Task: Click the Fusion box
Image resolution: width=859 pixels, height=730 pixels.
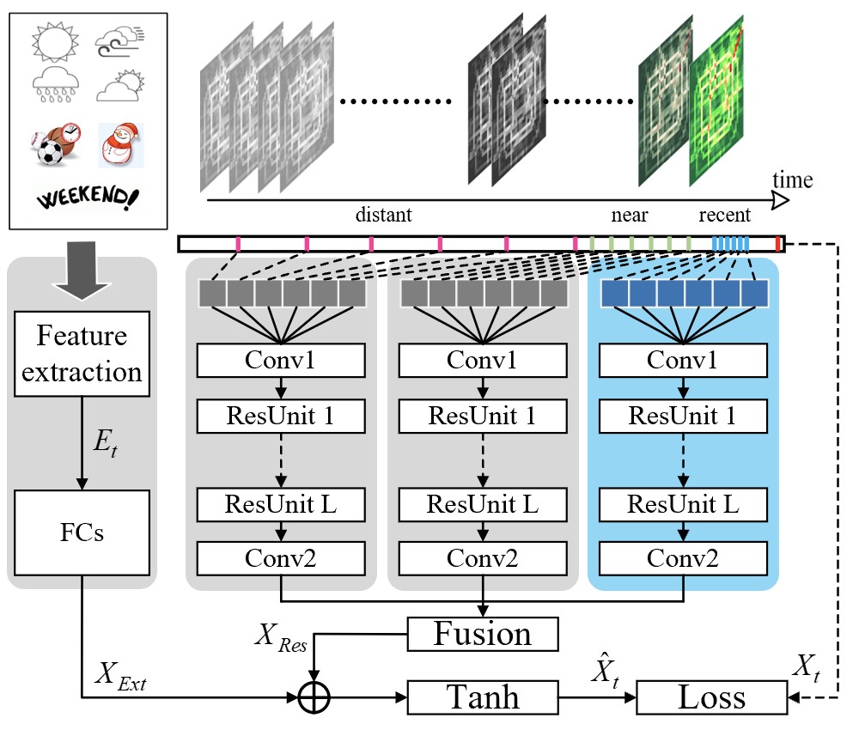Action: [483, 634]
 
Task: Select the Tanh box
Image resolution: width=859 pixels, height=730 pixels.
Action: [483, 697]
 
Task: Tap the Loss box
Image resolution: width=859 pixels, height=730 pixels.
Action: [711, 697]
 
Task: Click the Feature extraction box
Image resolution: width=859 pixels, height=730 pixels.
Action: [82, 354]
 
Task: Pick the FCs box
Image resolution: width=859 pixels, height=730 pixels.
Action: [82, 532]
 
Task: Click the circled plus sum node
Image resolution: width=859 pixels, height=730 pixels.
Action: [314, 698]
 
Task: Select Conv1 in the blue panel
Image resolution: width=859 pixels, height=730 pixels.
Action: [683, 361]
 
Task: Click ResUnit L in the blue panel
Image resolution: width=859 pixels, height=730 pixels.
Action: [683, 504]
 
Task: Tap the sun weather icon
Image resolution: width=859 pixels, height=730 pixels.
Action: [55, 41]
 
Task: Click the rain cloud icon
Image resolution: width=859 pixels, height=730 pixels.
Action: [56, 85]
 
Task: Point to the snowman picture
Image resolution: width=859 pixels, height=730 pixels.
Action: [120, 144]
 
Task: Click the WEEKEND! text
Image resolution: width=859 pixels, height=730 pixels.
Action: [88, 198]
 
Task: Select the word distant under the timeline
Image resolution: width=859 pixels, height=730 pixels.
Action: [383, 215]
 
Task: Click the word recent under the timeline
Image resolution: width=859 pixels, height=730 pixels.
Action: [724, 215]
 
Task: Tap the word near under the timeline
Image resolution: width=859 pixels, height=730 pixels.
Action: [630, 216]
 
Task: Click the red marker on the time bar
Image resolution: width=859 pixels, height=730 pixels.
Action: [778, 244]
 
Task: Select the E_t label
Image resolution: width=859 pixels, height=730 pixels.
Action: [105, 442]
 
